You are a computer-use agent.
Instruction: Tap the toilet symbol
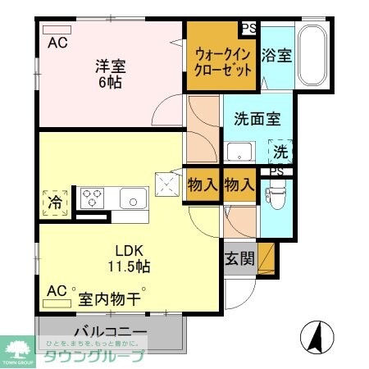coord(272,194)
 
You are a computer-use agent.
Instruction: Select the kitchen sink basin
coord(133,198)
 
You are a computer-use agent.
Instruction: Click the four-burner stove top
coord(90,198)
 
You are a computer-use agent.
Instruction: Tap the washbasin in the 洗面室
coord(240,152)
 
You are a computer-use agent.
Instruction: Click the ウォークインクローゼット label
coord(222,61)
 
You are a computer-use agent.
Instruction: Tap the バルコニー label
coord(110,331)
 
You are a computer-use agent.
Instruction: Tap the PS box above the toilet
coord(276,172)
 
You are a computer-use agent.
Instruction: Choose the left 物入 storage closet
coord(203,184)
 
